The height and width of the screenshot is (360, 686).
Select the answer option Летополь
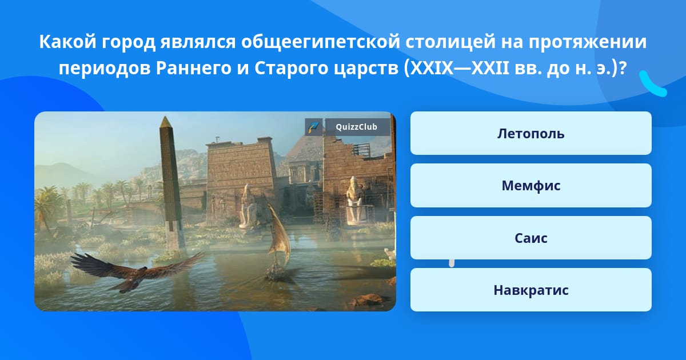pyautogui.click(x=531, y=133)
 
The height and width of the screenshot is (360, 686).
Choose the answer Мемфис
pyautogui.click(x=531, y=186)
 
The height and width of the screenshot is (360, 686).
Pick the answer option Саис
pyautogui.click(x=531, y=238)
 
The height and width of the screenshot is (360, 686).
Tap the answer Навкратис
pyautogui.click(x=531, y=290)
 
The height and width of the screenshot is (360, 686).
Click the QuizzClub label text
pyautogui.click(x=356, y=127)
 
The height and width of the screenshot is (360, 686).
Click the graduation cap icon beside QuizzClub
pyautogui.click(x=313, y=127)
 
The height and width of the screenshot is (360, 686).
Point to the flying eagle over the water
pyautogui.click(x=136, y=271)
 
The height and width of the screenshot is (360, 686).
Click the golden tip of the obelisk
pyautogui.click(x=165, y=122)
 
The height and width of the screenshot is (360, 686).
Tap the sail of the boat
pyautogui.click(x=279, y=233)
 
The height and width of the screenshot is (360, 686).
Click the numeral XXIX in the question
pyautogui.click(x=431, y=68)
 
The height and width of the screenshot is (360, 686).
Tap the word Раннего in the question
pyautogui.click(x=194, y=69)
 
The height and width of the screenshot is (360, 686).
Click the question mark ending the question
pyautogui.click(x=622, y=68)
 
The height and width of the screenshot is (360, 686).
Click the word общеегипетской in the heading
pyautogui.click(x=321, y=42)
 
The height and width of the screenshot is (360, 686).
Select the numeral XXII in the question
pyautogui.click(x=490, y=68)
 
